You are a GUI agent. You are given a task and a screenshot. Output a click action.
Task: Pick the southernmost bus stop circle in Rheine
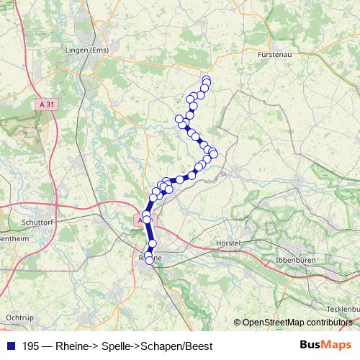point(150,261)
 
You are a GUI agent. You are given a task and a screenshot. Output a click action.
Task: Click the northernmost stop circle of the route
point(206,80)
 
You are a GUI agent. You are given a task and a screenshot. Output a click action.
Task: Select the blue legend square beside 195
point(10,345)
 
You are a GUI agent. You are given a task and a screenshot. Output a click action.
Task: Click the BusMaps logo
point(325,344)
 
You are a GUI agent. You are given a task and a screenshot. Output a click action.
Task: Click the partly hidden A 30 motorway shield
point(139,219)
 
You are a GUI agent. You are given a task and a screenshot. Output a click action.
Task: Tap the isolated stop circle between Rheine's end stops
point(152,243)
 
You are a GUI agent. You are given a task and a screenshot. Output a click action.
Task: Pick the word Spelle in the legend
point(112,345)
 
